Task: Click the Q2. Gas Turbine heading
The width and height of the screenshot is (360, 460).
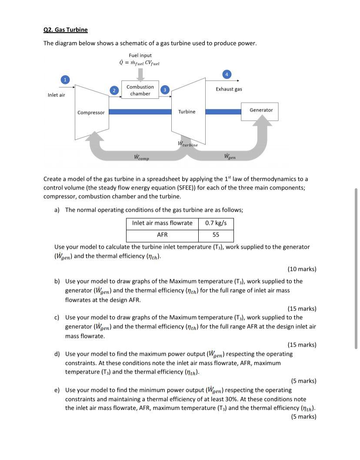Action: click(x=65, y=30)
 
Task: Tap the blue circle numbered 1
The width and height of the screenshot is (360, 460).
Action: click(x=64, y=80)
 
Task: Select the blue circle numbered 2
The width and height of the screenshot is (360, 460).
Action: click(x=113, y=90)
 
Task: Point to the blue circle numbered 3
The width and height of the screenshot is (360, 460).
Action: click(x=165, y=90)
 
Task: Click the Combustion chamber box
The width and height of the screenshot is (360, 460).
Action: click(x=140, y=90)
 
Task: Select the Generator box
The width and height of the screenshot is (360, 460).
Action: click(x=261, y=111)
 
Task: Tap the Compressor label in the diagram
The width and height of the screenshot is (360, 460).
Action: click(x=91, y=113)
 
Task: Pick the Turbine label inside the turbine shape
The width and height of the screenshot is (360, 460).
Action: click(x=187, y=112)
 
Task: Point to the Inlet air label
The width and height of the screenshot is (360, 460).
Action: click(x=56, y=95)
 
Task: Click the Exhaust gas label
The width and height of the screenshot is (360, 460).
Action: click(x=229, y=89)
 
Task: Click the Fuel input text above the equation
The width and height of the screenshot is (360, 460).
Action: click(x=140, y=55)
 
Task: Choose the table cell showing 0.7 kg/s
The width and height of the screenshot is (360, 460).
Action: click(x=216, y=223)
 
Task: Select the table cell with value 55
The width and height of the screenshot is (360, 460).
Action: click(x=216, y=235)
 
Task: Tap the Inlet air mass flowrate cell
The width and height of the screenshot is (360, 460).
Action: click(x=162, y=223)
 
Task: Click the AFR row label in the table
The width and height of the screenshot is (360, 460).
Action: click(x=162, y=235)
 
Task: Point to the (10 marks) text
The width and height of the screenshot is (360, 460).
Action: click(x=302, y=269)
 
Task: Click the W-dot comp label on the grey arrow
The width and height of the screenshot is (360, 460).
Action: click(x=141, y=157)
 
